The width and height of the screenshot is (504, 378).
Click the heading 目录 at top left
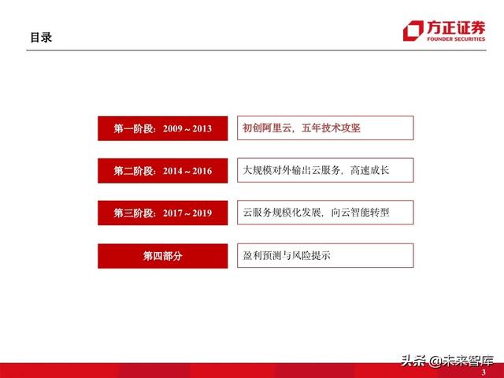[41, 37]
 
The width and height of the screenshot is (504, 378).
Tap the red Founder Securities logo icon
[412, 31]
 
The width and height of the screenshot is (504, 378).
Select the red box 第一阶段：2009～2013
[163, 128]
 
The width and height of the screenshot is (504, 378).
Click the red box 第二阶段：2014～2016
[163, 171]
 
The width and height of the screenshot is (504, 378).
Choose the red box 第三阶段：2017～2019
[163, 213]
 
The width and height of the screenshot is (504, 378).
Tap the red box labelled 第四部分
[163, 256]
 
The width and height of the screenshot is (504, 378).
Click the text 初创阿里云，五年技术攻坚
[302, 128]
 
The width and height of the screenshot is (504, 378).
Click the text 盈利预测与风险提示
[286, 255]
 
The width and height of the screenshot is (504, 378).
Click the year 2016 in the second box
[201, 171]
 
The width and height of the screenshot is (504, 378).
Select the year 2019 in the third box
[201, 213]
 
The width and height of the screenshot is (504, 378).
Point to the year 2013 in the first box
[201, 128]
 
